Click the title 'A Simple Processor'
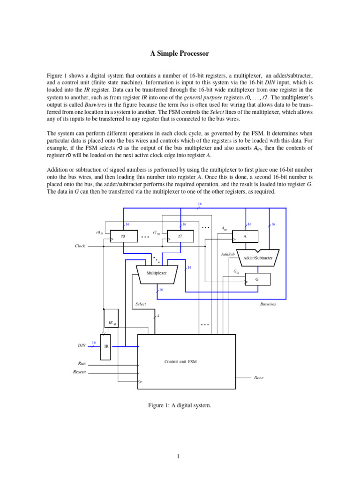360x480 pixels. point(180,54)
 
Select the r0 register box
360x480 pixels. point(123,237)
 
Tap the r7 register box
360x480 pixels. point(180,237)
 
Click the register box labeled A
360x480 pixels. point(245,237)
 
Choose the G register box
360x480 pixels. point(257,279)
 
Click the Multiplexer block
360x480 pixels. point(157,273)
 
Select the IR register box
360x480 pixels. point(106,346)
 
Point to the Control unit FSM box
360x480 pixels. point(186,361)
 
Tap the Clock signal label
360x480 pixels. point(80,246)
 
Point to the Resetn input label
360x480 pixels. point(80,372)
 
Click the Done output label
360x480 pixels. point(258,378)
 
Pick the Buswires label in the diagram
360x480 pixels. point(268,304)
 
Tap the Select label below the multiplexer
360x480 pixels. point(141,304)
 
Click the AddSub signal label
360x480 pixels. point(227,254)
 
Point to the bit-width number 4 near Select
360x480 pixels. point(158,316)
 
